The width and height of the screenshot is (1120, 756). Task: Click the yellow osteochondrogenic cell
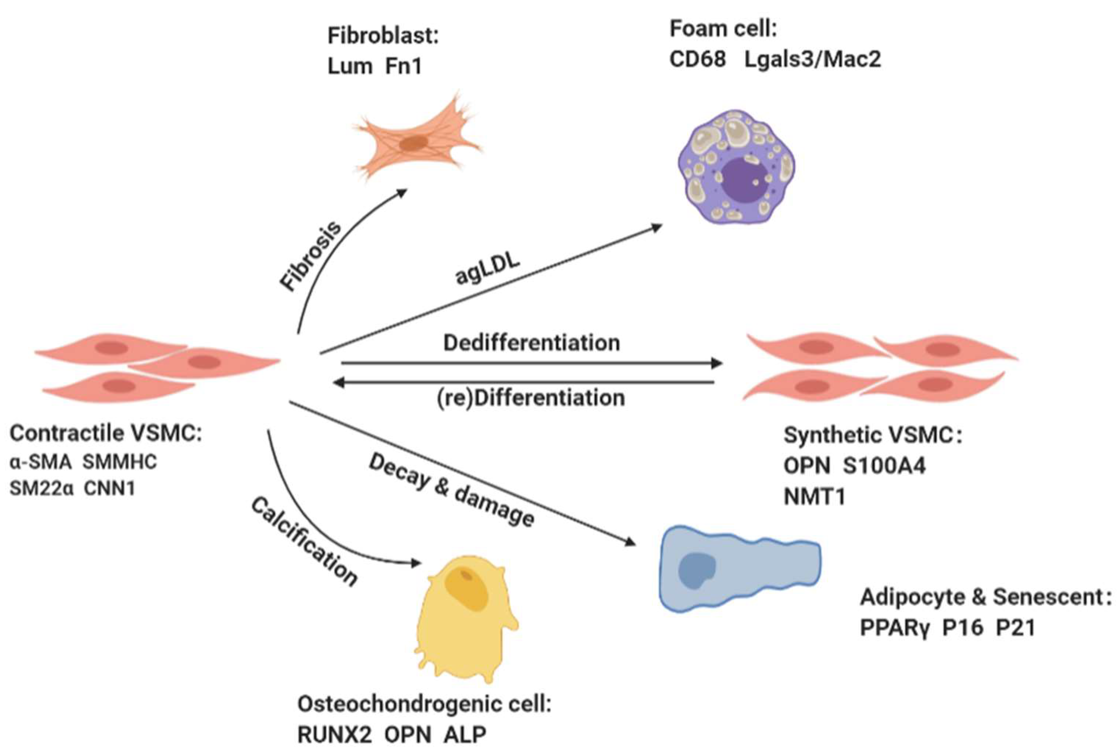click(x=463, y=621)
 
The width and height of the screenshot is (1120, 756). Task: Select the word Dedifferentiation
click(x=531, y=343)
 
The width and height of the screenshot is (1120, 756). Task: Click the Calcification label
click(x=304, y=542)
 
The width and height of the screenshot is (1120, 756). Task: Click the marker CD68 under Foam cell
click(x=697, y=59)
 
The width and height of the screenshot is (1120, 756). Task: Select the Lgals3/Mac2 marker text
click(x=813, y=59)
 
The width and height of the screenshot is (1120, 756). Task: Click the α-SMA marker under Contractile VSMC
click(x=40, y=462)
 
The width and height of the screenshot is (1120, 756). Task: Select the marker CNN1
click(x=110, y=488)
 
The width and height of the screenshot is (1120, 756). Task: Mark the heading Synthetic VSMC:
click(x=872, y=436)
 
